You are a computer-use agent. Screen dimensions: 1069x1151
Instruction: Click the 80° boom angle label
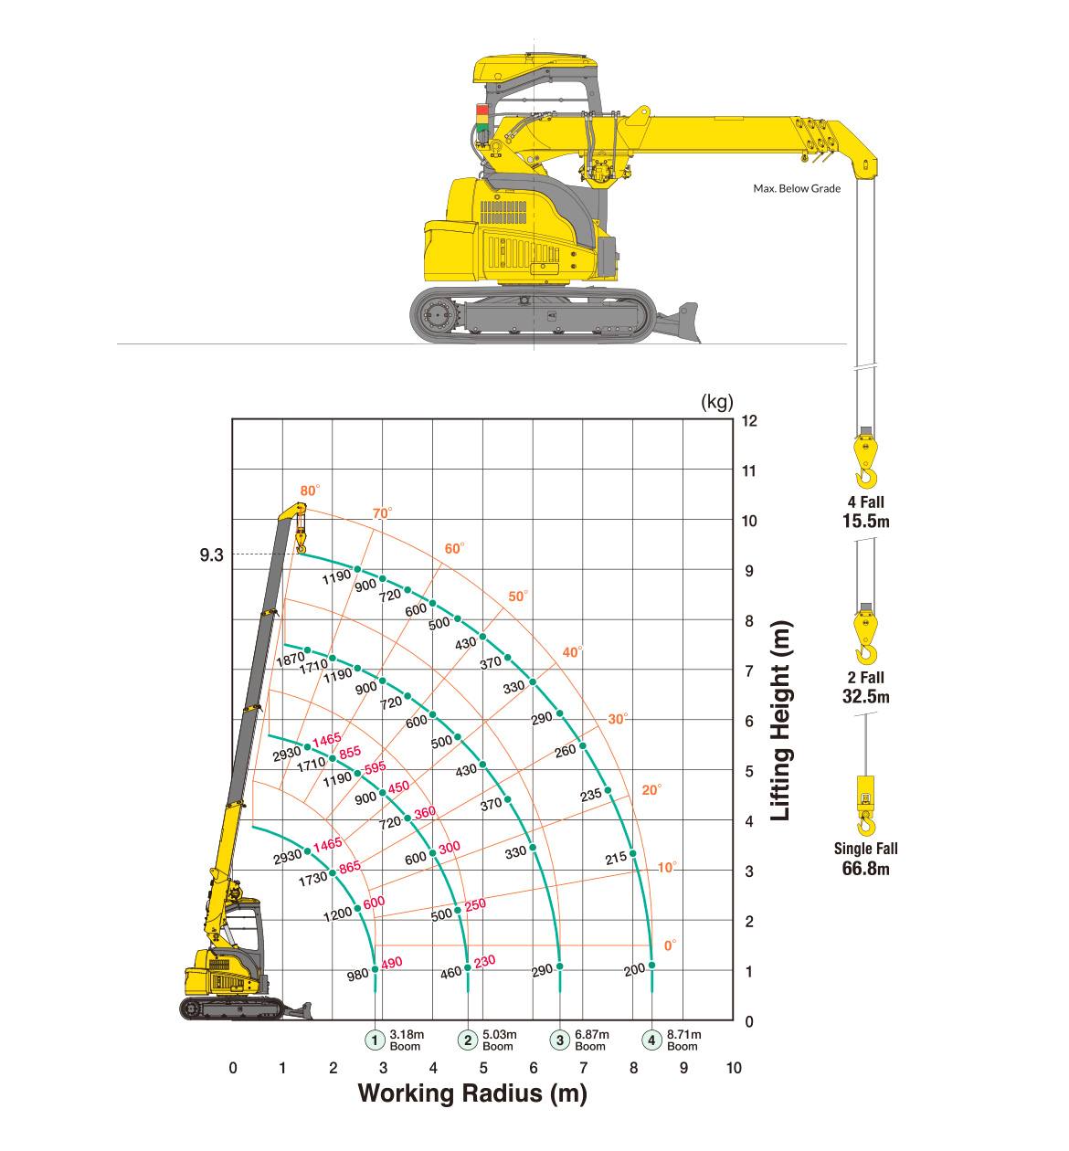click(x=310, y=491)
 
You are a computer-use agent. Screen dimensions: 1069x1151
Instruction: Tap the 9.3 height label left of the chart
click(x=211, y=555)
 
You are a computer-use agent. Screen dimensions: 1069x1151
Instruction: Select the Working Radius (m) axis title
click(x=472, y=1093)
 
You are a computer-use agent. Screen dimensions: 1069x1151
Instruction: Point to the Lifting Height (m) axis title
click(x=780, y=721)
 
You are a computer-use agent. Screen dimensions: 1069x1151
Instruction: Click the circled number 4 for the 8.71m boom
click(x=651, y=1040)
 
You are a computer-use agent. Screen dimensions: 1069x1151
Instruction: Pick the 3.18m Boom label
click(x=407, y=1040)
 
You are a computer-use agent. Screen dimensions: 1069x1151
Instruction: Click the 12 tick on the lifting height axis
click(x=749, y=421)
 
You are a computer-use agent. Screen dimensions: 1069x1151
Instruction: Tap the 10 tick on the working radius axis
click(x=734, y=1068)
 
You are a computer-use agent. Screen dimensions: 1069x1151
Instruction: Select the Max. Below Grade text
click(x=797, y=188)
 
